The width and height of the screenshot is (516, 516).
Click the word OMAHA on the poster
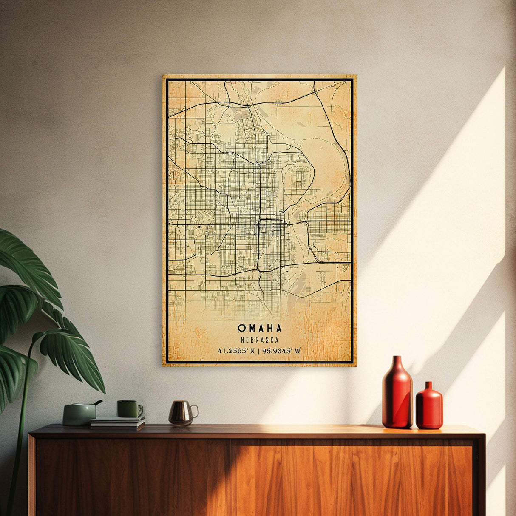point(259,328)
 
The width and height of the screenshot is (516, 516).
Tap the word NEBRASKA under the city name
point(259,340)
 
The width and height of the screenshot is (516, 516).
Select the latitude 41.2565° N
point(236,351)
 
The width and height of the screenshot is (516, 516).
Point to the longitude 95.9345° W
point(281,351)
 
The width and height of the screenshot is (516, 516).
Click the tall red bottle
point(397,395)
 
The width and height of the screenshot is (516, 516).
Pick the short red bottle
point(429,407)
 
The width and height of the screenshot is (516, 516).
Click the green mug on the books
point(129,409)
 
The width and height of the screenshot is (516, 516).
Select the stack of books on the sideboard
point(117,422)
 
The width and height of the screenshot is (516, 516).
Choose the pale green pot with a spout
point(79,414)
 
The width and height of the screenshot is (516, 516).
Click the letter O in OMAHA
point(241,328)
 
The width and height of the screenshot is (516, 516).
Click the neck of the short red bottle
point(429,386)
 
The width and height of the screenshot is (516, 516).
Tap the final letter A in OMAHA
point(278,328)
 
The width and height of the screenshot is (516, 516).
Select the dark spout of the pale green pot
point(98,402)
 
